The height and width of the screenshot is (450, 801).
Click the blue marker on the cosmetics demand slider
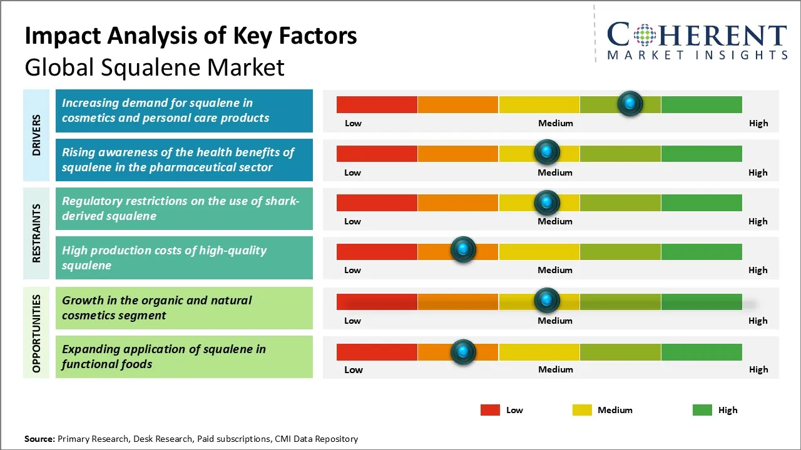tap(630, 103)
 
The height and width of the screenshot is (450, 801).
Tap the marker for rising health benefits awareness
tap(547, 152)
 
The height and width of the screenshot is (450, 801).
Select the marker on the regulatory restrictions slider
tap(547, 202)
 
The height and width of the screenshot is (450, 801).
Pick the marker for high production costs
tap(463, 250)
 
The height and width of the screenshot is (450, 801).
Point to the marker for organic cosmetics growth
tap(547, 301)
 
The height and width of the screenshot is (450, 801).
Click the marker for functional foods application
tap(463, 352)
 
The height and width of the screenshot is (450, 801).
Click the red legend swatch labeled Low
tap(490, 410)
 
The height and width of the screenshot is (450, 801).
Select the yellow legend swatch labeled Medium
tap(582, 410)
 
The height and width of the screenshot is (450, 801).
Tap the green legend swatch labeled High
tap(702, 410)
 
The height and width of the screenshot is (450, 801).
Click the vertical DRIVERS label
tap(36, 135)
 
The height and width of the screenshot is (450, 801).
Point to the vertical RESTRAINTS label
tap(36, 233)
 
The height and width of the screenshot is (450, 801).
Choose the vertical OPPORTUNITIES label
tap(36, 333)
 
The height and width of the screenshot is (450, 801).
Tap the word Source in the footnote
tap(39, 439)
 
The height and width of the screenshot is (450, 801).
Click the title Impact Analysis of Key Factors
tap(191, 36)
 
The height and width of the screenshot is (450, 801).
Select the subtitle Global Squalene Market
tap(155, 67)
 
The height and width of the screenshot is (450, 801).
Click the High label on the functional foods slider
tap(758, 369)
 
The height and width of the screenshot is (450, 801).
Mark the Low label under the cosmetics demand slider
tap(353, 123)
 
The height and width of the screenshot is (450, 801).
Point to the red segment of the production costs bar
tap(377, 251)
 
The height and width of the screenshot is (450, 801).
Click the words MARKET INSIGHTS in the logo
tap(697, 55)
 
